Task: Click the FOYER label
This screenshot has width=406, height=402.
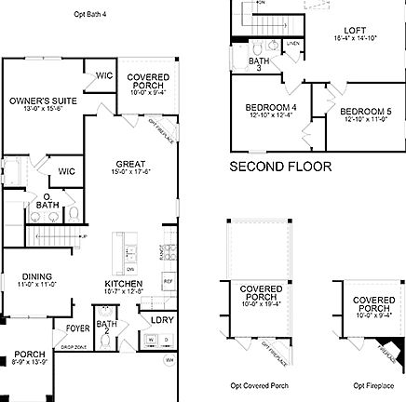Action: [x=76, y=328]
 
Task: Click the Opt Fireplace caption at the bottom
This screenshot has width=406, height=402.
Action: [x=372, y=385]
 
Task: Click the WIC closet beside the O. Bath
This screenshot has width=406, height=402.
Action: [x=66, y=171]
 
